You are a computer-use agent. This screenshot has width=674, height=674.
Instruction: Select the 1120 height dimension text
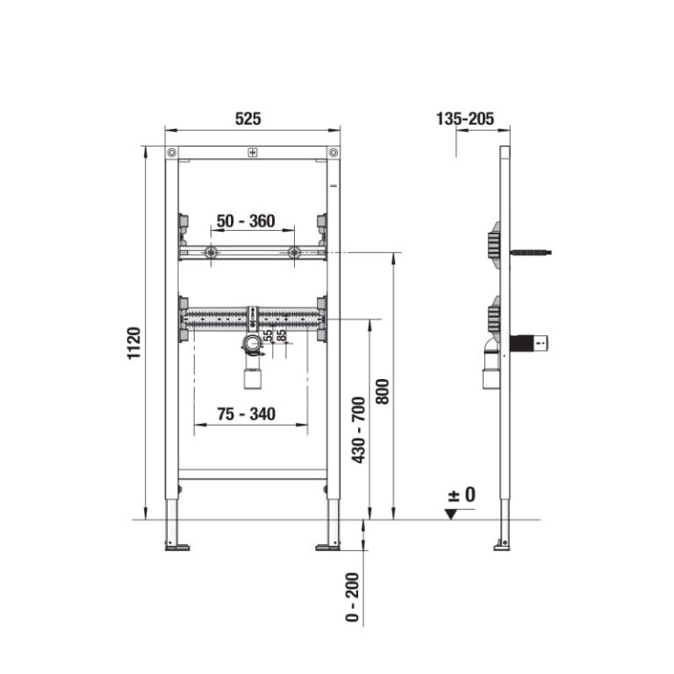click(x=133, y=343)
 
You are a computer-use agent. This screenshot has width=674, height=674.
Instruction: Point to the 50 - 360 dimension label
click(x=246, y=221)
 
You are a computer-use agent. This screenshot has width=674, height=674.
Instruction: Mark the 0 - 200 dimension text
click(x=353, y=599)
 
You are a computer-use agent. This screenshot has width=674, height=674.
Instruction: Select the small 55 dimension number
click(x=269, y=335)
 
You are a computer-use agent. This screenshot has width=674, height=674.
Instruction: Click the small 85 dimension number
click(x=282, y=335)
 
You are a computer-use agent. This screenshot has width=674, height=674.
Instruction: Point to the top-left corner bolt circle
click(x=172, y=154)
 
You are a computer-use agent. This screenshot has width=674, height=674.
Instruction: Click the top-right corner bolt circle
click(x=333, y=154)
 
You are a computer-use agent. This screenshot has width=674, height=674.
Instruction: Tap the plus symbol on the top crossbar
click(x=253, y=154)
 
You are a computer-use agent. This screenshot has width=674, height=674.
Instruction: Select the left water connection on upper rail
click(x=211, y=254)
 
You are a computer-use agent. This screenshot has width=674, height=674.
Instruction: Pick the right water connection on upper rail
click(x=295, y=254)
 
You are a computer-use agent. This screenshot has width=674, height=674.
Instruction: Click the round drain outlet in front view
click(x=253, y=344)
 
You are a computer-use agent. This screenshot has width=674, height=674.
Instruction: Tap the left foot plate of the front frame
click(x=176, y=549)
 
